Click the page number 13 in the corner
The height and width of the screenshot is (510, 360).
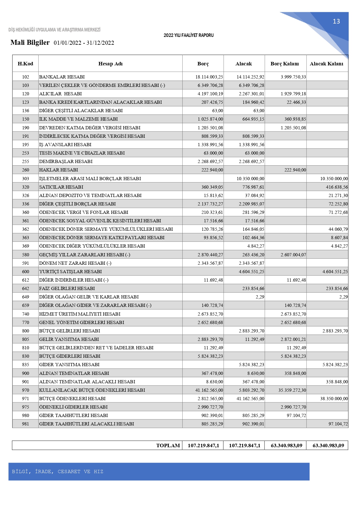click(x=336, y=22)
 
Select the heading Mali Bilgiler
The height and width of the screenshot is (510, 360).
click(x=30, y=42)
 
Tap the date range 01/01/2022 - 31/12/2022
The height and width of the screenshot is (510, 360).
click(x=84, y=43)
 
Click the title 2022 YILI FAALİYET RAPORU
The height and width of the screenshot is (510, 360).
click(x=188, y=35)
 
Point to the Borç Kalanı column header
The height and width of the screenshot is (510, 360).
click(x=285, y=64)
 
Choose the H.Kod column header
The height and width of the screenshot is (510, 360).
click(x=25, y=64)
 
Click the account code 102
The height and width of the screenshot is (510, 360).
click(x=26, y=77)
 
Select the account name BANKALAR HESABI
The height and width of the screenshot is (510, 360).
click(x=62, y=77)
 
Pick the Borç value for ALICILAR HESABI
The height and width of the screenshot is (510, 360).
click(x=210, y=94)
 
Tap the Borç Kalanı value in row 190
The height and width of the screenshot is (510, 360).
click(x=293, y=128)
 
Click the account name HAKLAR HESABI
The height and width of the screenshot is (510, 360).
click(x=59, y=170)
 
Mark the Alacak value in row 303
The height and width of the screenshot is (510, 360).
click(x=250, y=179)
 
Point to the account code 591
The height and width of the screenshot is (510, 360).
click(x=26, y=263)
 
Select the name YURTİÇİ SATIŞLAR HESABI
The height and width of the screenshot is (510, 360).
click(x=71, y=272)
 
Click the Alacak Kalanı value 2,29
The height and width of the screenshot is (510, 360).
click(x=343, y=297)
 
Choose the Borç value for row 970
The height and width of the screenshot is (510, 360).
click(x=209, y=390)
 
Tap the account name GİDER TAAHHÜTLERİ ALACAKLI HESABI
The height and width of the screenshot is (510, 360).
click(x=87, y=424)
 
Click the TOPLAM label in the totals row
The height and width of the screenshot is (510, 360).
click(x=168, y=445)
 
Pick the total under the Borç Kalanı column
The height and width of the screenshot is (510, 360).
click(x=286, y=445)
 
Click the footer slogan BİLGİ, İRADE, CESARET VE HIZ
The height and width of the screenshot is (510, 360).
click(x=57, y=471)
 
